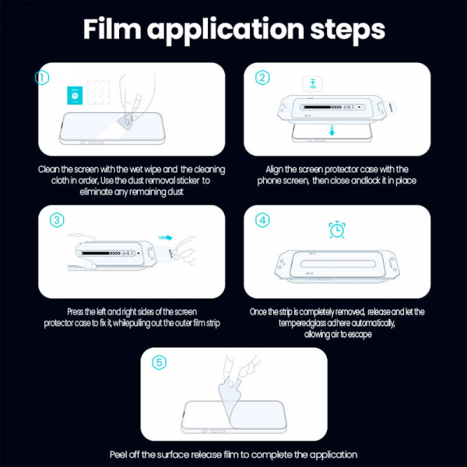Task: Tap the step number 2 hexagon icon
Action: coord(263,77)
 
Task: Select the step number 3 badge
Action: coord(57,220)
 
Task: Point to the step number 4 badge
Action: coord(263,220)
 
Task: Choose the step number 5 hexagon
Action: coord(160,363)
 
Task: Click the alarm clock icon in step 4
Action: coord(337,230)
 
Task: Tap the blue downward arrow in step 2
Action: coord(331,131)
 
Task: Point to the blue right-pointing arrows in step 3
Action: coord(164,240)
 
